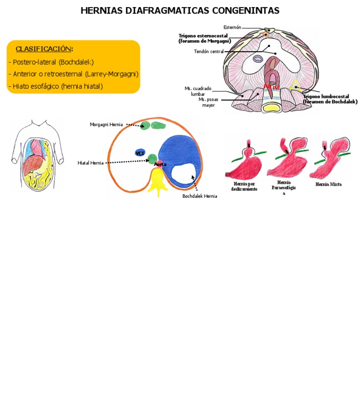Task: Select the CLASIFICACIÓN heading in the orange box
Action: [x=44, y=49]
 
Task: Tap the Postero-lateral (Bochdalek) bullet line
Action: [x=51, y=62]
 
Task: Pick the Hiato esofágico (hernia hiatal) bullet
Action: [x=55, y=86]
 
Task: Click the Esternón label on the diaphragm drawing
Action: [x=232, y=28]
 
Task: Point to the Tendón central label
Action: [x=209, y=52]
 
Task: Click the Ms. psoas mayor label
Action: [x=208, y=102]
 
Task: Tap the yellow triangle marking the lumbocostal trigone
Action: [x=294, y=85]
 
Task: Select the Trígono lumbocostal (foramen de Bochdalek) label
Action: [x=330, y=99]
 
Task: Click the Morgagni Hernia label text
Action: [x=106, y=124]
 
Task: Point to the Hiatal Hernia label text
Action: [x=90, y=163]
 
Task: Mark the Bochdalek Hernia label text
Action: [x=200, y=196]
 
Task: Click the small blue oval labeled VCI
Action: [x=140, y=153]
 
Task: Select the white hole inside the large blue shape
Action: [x=183, y=176]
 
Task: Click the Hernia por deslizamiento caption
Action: [x=244, y=186]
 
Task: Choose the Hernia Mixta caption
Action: [x=328, y=184]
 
